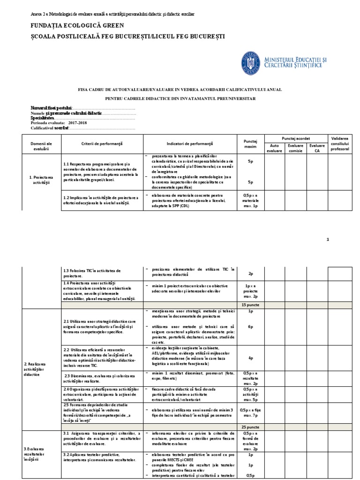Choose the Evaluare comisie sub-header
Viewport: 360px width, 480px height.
tap(295, 149)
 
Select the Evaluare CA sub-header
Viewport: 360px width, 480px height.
tap(317, 149)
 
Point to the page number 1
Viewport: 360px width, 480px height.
tap(328, 239)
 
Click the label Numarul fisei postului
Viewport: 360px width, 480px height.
tap(52, 108)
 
